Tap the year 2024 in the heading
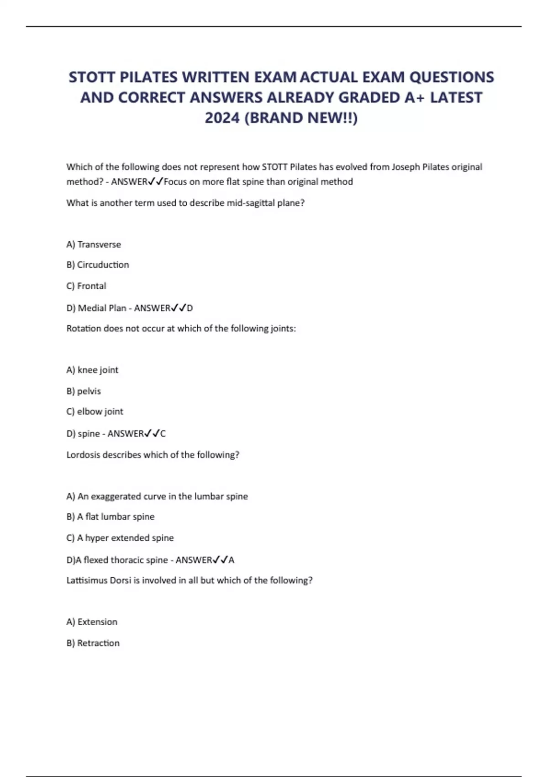pyautogui.click(x=222, y=118)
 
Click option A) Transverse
pyautogui.click(x=94, y=245)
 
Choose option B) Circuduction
pyautogui.click(x=98, y=265)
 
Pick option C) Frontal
pyautogui.click(x=86, y=286)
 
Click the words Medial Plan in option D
pyautogui.click(x=102, y=308)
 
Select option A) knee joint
pyautogui.click(x=92, y=370)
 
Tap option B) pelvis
pyautogui.click(x=84, y=391)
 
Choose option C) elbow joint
pyautogui.click(x=95, y=411)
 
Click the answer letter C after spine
pyautogui.click(x=163, y=434)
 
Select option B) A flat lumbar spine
pyautogui.click(x=111, y=516)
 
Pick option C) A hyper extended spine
pyautogui.click(x=120, y=538)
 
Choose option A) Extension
pyautogui.click(x=92, y=622)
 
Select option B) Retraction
pyautogui.click(x=93, y=643)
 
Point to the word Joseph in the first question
pyautogui.click(x=406, y=167)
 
